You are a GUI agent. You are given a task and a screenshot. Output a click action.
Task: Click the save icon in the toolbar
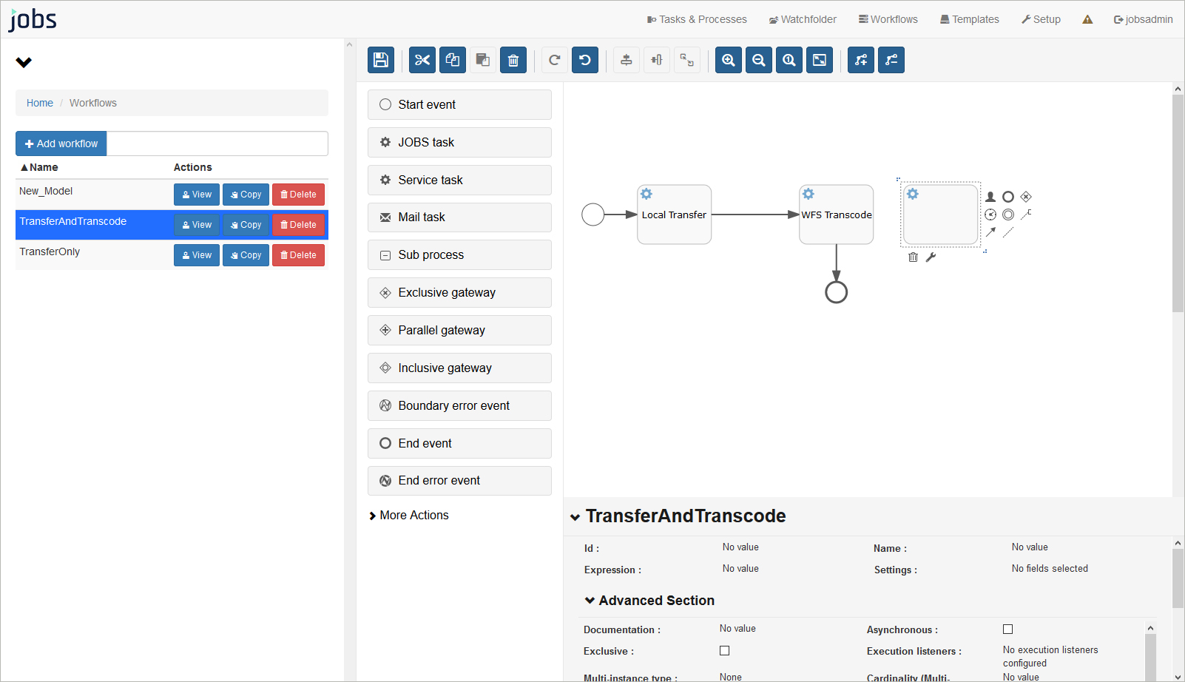pos(381,60)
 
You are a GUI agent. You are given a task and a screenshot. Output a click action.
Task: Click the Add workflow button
pos(61,144)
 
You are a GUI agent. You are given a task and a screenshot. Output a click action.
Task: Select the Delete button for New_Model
pos(298,195)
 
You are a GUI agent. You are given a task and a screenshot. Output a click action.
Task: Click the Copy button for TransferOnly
pos(246,255)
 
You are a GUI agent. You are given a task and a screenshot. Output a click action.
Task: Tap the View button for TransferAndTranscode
pos(197,225)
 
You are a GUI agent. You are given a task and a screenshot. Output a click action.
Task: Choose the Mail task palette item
pos(459,217)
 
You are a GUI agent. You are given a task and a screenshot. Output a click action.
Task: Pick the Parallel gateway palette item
pos(459,330)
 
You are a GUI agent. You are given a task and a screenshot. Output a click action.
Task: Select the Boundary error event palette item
pos(459,406)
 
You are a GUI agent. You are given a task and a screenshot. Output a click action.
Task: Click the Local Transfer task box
pos(674,215)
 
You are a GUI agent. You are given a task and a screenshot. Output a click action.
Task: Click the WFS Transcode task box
pos(837,215)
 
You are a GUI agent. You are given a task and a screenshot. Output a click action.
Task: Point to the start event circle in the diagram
pos(593,215)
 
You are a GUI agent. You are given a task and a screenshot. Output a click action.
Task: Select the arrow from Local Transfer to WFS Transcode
pos(755,215)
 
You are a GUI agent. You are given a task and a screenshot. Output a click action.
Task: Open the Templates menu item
pos(969,19)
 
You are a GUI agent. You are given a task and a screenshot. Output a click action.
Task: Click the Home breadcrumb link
pos(40,103)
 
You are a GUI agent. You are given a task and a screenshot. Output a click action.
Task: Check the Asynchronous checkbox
pos(1007,629)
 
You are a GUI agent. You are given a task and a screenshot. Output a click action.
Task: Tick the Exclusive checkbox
pos(725,651)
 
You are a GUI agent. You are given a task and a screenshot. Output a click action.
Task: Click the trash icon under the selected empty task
pos(913,257)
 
